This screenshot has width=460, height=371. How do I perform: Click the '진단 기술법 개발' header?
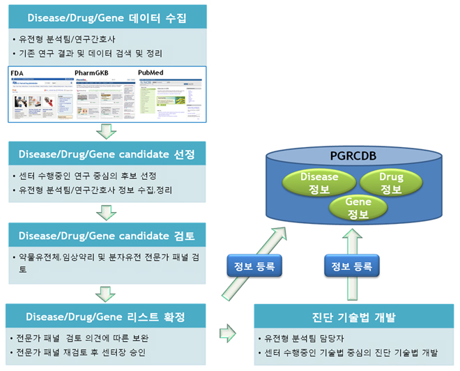point(353,317)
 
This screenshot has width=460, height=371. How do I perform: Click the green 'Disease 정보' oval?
point(319,182)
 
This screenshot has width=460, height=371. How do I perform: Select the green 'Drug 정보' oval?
point(392,182)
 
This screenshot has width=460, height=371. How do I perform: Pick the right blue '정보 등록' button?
point(350,265)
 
